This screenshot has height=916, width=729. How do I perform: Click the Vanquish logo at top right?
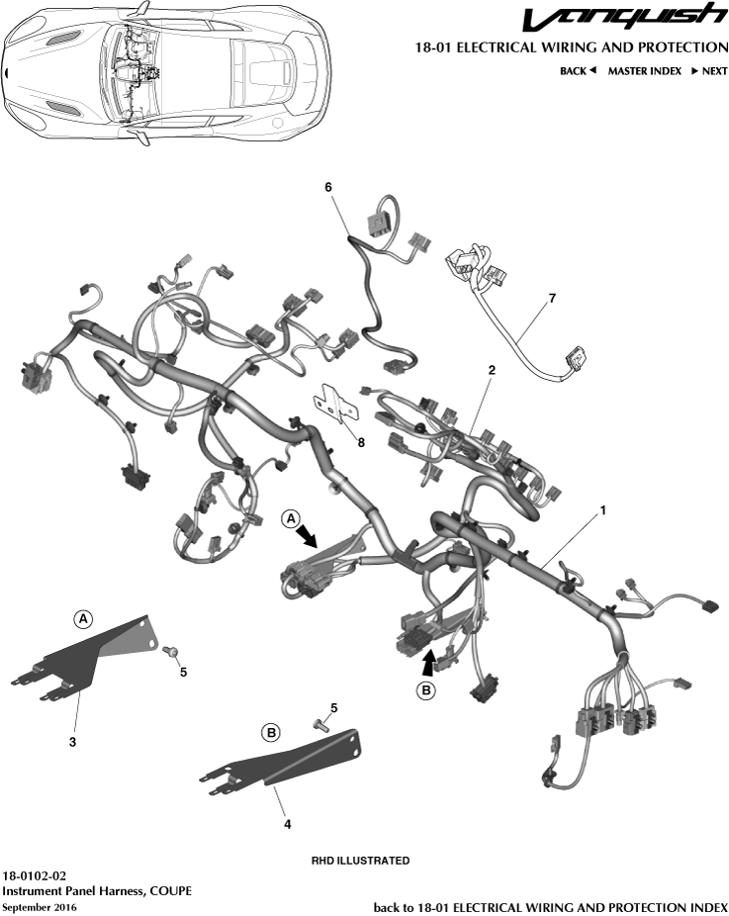[x=623, y=18]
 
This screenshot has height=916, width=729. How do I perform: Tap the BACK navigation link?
[x=578, y=71]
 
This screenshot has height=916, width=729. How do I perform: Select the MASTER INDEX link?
[x=644, y=71]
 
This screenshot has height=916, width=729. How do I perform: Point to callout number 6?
[x=328, y=186]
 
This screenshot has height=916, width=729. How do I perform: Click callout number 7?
[x=552, y=297]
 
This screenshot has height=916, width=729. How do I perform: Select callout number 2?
[x=491, y=370]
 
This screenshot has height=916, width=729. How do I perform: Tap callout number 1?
[x=602, y=511]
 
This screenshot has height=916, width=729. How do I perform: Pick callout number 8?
[x=361, y=442]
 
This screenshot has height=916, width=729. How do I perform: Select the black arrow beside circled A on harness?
[x=310, y=534]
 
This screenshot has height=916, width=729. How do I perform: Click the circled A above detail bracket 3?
[x=84, y=618]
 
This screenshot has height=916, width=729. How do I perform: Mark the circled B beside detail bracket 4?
[x=270, y=733]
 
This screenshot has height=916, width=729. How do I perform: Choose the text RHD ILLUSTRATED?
[x=360, y=861]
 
